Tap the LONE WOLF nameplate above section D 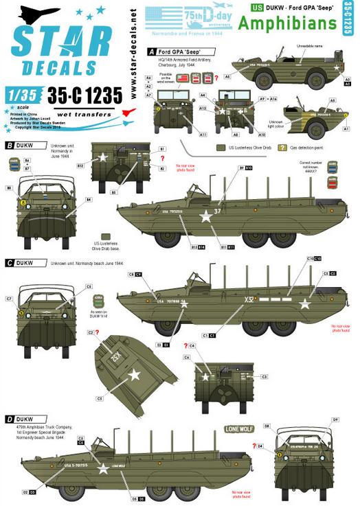tap(238, 429)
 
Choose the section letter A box tap(151, 51)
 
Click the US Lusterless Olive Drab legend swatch tap(219, 147)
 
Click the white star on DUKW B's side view tap(206, 218)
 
